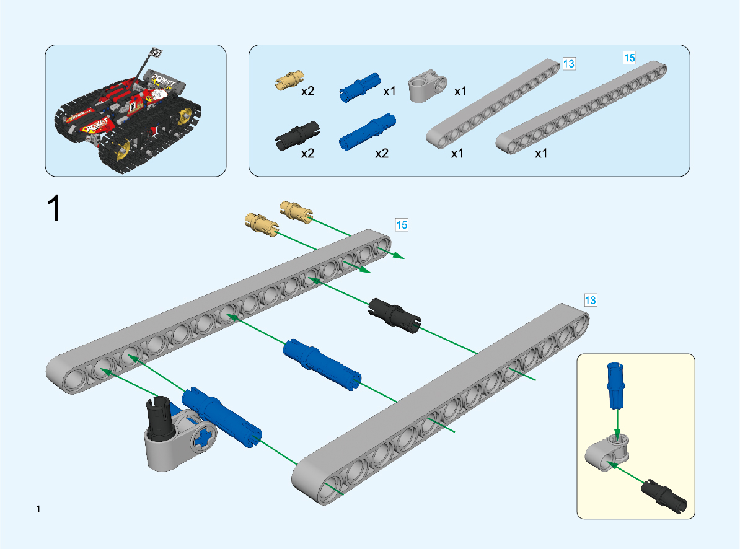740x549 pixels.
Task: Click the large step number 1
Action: [x=54, y=209]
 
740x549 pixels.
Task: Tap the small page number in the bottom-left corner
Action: [x=38, y=509]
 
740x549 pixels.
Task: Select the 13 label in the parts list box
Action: [x=569, y=63]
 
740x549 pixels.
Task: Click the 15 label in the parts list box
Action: [x=629, y=58]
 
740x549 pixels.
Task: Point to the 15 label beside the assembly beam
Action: [x=402, y=225]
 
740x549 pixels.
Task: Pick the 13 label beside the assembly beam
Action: [x=591, y=301]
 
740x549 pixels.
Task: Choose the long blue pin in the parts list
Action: [x=368, y=132]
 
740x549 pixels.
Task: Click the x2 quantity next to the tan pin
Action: [x=308, y=92]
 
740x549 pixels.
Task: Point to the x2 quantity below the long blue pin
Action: [x=382, y=154]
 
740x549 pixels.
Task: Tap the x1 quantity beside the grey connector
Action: [x=460, y=92]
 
